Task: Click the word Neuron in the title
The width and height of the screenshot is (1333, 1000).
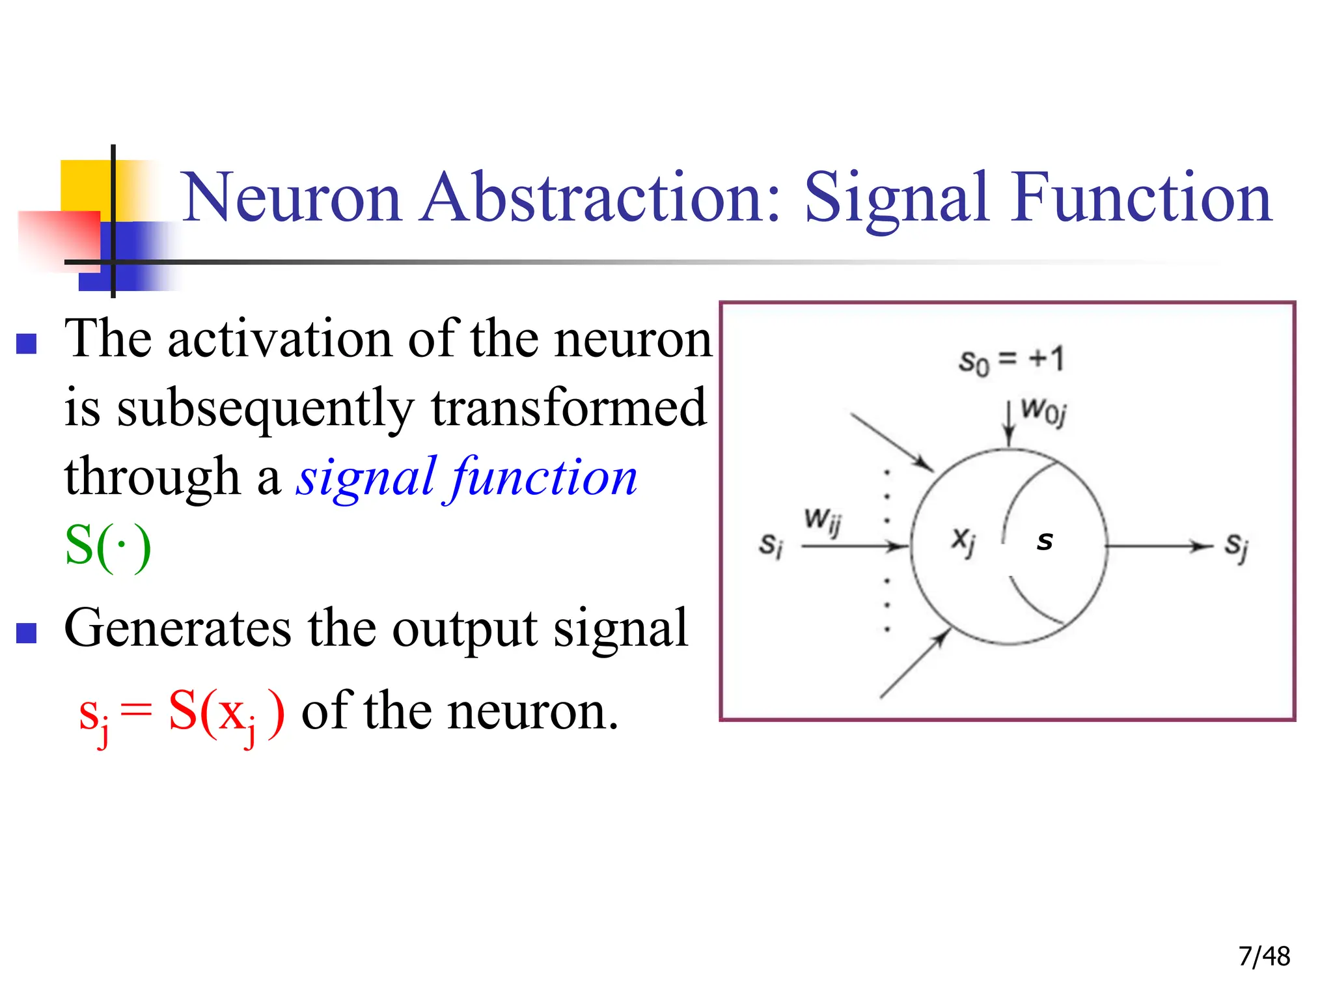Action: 291,197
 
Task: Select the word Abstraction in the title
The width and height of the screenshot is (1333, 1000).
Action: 600,197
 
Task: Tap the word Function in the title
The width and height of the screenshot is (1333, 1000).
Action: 1140,197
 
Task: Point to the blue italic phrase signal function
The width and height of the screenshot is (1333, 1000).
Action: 467,477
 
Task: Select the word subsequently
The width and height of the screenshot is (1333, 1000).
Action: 266,409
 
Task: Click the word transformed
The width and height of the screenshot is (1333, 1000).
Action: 568,408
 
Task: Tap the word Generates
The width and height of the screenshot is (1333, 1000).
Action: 177,628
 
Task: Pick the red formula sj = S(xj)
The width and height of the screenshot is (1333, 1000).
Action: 182,713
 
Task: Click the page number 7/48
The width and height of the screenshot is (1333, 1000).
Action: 1264,956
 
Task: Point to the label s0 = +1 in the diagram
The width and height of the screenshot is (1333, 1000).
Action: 1011,360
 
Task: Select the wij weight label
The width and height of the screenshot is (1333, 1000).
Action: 823,521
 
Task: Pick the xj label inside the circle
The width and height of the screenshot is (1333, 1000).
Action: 963,540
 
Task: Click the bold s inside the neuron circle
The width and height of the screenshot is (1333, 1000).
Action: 1045,540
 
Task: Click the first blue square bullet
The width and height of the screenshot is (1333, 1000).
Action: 26,343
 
